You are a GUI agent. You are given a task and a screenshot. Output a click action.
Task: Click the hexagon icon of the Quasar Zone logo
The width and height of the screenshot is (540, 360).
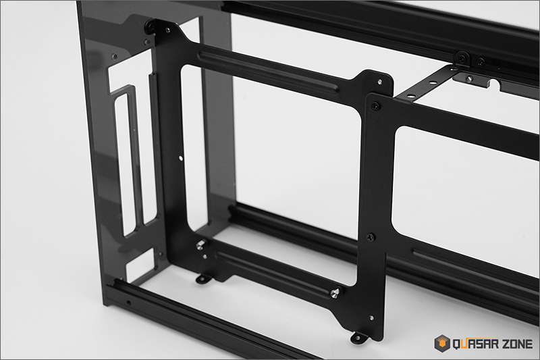tap(442, 343)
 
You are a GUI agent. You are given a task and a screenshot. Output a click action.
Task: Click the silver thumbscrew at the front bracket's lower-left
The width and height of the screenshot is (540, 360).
tap(200, 245)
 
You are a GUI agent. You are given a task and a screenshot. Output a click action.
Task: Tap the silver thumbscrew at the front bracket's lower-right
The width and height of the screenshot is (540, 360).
tap(335, 293)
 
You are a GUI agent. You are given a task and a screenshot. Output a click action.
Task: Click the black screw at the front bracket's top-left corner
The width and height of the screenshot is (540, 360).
tap(150, 26)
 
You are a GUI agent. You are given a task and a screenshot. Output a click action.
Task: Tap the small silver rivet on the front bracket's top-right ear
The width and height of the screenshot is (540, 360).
tap(379, 82)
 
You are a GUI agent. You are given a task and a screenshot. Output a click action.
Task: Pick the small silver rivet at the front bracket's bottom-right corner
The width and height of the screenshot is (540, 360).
tap(371, 317)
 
